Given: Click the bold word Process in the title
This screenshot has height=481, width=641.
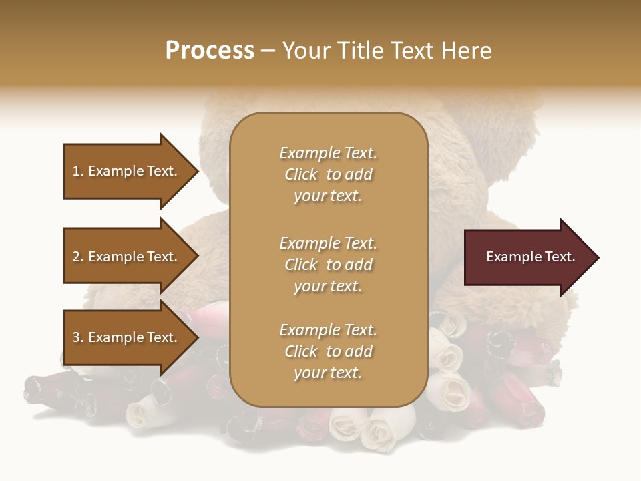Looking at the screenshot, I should pyautogui.click(x=210, y=51).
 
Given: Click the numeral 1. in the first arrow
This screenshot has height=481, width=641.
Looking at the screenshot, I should pyautogui.click(x=78, y=171).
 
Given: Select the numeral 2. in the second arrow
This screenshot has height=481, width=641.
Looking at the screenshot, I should pyautogui.click(x=78, y=257).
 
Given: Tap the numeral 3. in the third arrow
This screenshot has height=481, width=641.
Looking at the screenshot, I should pyautogui.click(x=78, y=337).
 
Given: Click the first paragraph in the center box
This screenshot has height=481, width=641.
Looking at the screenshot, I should pyautogui.click(x=328, y=174).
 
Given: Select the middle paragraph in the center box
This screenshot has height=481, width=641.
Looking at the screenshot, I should pyautogui.click(x=328, y=265).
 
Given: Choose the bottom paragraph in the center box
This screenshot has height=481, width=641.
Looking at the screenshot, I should pyautogui.click(x=328, y=351).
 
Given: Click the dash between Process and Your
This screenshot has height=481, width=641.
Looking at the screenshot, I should pyautogui.click(x=268, y=51).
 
